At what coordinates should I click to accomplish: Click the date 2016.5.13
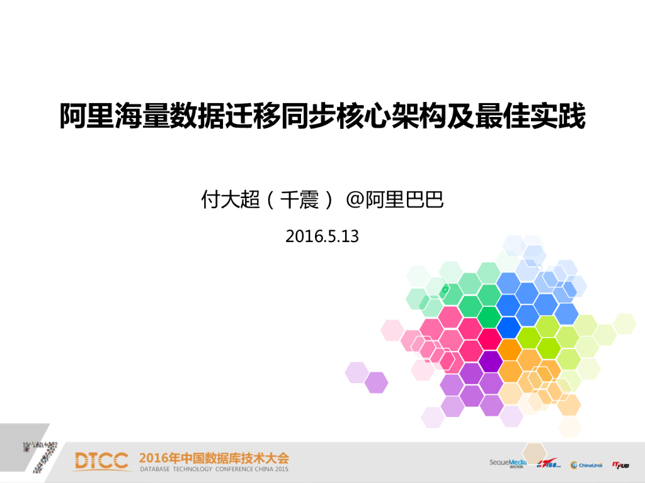pos(322,236)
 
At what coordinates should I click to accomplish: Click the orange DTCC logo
pos(101,461)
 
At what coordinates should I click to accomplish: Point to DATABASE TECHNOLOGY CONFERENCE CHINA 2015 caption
pos(214,470)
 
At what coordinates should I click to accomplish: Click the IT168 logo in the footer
pos(549,465)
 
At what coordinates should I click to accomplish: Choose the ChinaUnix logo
pos(586,465)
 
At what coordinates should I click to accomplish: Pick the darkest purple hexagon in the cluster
pos(491,361)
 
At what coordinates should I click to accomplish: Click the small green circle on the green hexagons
pos(445,290)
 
